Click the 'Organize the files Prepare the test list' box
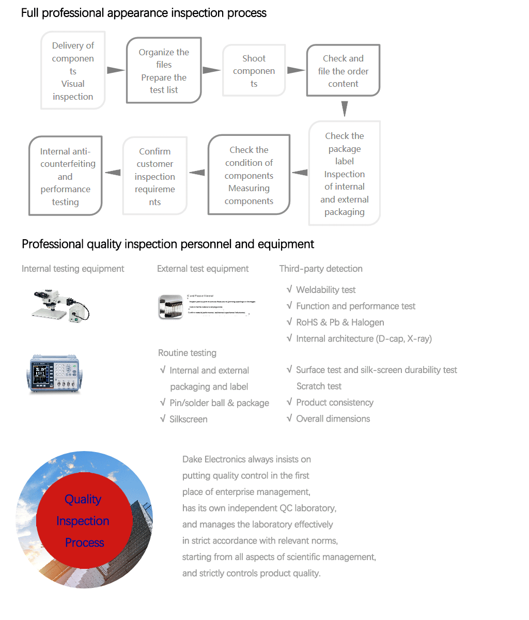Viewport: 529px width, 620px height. (x=164, y=71)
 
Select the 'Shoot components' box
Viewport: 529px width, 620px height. (x=254, y=71)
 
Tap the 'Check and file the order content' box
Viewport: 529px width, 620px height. (x=343, y=71)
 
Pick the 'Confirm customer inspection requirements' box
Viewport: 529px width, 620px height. (x=154, y=176)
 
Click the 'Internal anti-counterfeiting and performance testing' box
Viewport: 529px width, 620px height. (x=65, y=176)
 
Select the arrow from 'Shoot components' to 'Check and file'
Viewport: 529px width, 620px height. (x=295, y=70)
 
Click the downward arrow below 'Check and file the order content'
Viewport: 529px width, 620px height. (x=345, y=109)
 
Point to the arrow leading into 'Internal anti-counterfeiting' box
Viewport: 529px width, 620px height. (x=112, y=173)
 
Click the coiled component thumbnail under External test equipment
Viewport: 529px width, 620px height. (x=170, y=306)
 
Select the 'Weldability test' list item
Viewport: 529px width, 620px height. (x=325, y=290)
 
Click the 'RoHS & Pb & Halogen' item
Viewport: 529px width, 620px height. (x=339, y=322)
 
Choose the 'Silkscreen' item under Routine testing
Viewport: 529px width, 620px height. (x=188, y=419)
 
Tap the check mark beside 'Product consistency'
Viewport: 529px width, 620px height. (x=289, y=402)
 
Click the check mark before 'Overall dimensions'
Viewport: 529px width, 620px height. (x=289, y=418)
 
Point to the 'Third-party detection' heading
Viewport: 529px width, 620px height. (x=321, y=269)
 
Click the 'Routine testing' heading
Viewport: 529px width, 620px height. (x=187, y=353)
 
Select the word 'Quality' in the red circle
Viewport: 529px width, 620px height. (x=83, y=499)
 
